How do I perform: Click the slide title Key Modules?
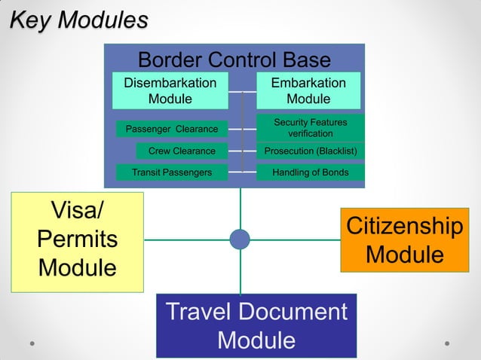(78, 20)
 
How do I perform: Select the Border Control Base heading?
(234, 59)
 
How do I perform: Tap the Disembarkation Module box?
(170, 90)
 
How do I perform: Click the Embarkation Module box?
(308, 90)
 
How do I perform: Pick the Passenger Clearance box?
(173, 129)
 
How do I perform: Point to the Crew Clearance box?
(181, 151)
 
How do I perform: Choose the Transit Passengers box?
(172, 172)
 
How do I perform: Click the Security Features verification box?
(310, 127)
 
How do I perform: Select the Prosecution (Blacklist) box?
(310, 151)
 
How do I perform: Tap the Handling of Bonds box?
(310, 172)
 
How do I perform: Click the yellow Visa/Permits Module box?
(78, 242)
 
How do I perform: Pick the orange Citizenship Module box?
(403, 239)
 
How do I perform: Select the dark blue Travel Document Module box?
(256, 325)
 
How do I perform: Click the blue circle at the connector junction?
(240, 239)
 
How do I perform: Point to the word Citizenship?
(403, 226)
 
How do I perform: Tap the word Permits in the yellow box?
(78, 239)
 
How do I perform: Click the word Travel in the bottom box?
(198, 312)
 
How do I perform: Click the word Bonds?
(333, 172)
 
